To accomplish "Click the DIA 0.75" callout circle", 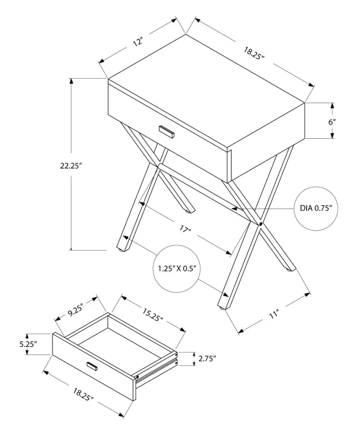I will coord(316,208).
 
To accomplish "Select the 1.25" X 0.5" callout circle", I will coord(176,269).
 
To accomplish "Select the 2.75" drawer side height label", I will coord(206,358).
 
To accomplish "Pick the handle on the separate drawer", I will coord(92,365).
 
